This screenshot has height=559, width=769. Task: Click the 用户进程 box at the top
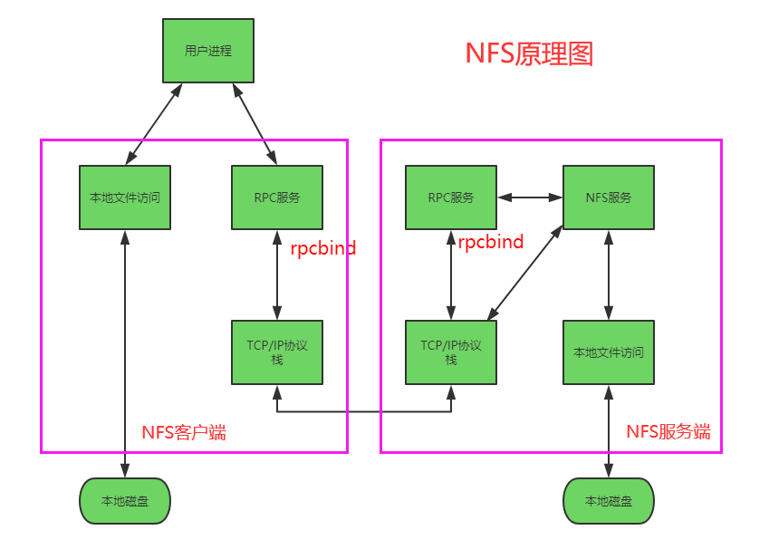[x=208, y=51]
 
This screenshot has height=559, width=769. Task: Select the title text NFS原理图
[x=529, y=53]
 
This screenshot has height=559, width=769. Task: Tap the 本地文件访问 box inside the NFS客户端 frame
[x=124, y=198]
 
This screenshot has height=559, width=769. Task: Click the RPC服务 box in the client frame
[x=277, y=198]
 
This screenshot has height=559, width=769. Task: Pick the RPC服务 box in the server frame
[x=450, y=198]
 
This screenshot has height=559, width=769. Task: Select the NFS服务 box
[x=608, y=198]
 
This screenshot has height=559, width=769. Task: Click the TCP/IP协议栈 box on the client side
[x=277, y=352]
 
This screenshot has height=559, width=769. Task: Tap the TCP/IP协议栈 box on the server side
[x=450, y=352]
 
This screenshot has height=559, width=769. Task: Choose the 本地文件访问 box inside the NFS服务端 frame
[x=608, y=352]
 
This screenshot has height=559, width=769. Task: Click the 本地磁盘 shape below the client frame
[x=125, y=501]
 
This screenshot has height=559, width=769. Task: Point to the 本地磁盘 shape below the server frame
[x=608, y=501]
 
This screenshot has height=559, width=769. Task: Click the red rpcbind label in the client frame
[x=322, y=247]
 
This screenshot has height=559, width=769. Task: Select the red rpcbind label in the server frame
[x=490, y=242]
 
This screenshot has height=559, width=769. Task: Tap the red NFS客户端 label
[x=184, y=432]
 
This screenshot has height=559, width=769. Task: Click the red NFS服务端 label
[x=668, y=431]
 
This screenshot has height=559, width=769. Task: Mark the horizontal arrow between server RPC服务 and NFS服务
[x=530, y=197]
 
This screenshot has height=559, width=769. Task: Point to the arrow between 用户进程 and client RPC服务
[x=255, y=124]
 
